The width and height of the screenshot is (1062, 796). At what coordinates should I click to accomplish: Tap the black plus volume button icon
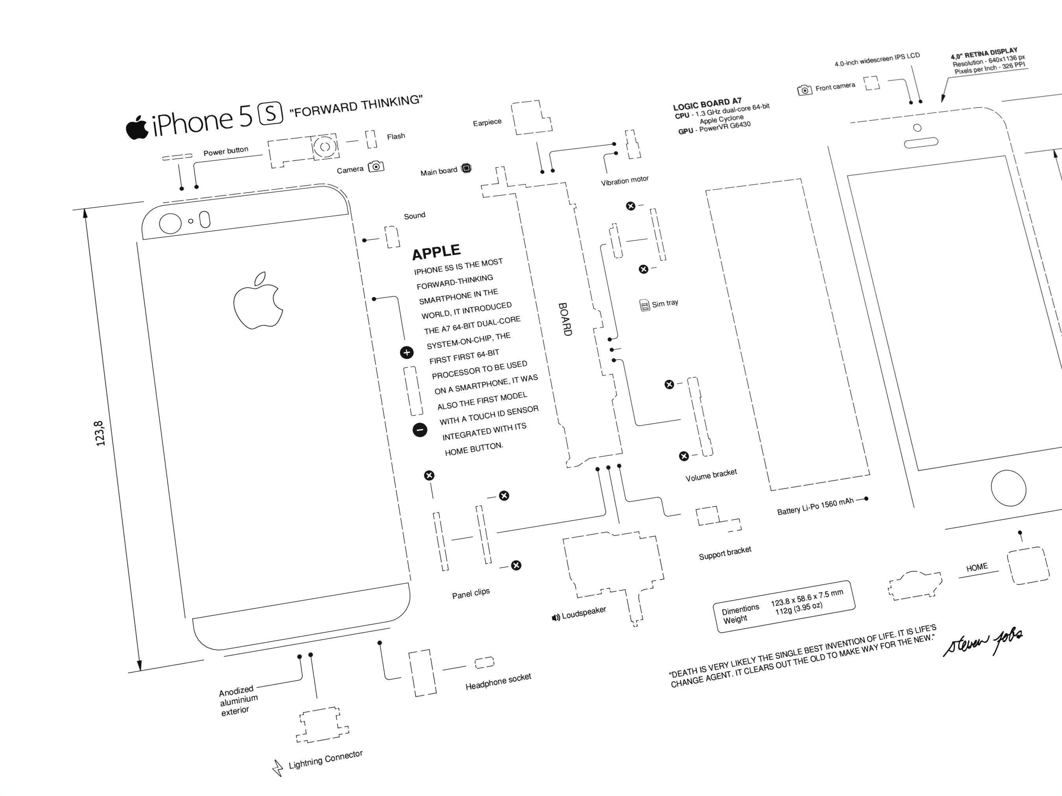tap(407, 353)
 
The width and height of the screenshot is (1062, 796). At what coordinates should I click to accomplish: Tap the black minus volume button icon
tap(420, 430)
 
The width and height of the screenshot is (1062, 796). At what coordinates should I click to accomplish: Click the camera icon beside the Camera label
tap(376, 167)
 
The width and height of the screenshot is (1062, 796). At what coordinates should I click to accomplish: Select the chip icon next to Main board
tap(466, 168)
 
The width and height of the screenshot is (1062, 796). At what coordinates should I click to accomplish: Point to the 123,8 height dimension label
tap(100, 433)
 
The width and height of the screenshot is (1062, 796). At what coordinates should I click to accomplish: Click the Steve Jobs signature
tap(983, 642)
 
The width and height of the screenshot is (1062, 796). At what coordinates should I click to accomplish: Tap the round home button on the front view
tap(1008, 489)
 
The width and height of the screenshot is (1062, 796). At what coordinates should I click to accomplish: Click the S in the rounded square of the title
tap(271, 114)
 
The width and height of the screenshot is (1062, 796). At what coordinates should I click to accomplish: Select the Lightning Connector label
tap(326, 759)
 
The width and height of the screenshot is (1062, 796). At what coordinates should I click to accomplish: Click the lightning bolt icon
tap(278, 768)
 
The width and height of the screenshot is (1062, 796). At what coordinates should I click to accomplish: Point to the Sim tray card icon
tap(644, 305)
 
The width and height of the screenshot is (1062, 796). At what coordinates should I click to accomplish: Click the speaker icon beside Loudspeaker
tap(556, 618)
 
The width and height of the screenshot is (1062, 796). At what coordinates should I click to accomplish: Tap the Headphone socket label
tap(498, 681)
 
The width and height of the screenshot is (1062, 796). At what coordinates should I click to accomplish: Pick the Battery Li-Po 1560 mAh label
tap(815, 507)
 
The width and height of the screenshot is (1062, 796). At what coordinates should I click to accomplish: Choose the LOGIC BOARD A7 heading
tap(707, 104)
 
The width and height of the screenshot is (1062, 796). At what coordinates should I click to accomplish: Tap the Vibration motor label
tap(624, 180)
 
